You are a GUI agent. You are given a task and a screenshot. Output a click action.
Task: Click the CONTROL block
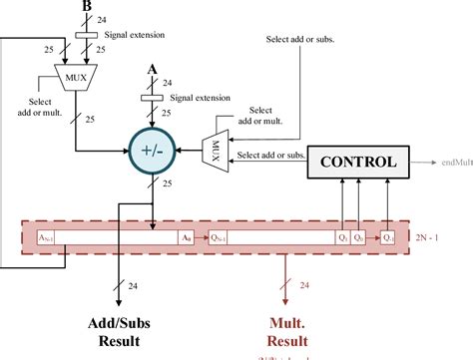pos(356,161)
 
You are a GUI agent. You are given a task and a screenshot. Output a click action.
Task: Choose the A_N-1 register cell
pos(48,238)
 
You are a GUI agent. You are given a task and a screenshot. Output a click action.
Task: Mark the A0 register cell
pos(185,238)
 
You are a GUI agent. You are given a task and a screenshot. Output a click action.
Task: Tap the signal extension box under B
pos(86,36)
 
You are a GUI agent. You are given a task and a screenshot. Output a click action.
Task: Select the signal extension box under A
pos(153,99)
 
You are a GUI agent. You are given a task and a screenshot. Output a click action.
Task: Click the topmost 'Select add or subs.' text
pos(298,40)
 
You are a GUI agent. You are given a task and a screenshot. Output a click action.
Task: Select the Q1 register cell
pos(342,238)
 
